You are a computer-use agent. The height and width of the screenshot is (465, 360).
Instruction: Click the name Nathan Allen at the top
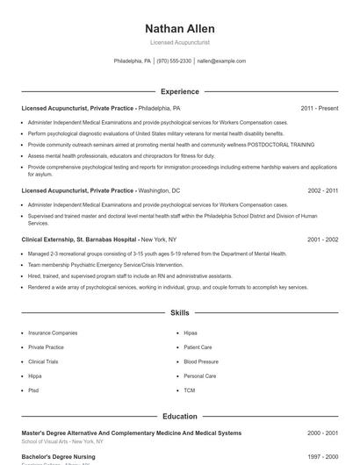pos(179,28)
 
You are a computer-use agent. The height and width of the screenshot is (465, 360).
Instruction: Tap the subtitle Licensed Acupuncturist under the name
pos(179,42)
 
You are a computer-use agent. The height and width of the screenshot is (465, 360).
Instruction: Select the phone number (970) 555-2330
pos(174,61)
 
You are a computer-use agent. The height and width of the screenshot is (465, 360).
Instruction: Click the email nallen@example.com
pos(221,61)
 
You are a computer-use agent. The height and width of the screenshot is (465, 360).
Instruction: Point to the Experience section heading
pos(179,91)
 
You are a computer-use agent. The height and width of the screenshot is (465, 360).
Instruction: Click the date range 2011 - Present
pos(319,108)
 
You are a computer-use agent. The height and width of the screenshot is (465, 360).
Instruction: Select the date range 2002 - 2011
pos(322,190)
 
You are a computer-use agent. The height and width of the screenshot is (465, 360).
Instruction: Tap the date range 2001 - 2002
pos(322,239)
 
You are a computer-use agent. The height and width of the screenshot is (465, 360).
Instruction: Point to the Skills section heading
pos(179,312)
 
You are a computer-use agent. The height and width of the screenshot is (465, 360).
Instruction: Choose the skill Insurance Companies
pos(53,333)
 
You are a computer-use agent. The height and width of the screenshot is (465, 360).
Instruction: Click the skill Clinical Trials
pos(44,361)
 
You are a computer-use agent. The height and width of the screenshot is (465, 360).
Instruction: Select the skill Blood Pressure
pos(201,361)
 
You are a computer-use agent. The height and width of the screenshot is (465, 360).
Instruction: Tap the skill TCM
pos(190,390)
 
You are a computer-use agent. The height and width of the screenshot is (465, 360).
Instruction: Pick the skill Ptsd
pos(33,390)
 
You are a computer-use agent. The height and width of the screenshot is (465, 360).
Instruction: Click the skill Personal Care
pos(200,376)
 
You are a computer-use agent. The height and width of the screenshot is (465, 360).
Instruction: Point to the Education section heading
pos(179,416)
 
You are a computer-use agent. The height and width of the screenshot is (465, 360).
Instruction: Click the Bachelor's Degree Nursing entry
pos(58,456)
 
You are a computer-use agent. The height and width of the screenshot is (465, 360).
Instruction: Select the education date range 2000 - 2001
pos(322,433)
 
